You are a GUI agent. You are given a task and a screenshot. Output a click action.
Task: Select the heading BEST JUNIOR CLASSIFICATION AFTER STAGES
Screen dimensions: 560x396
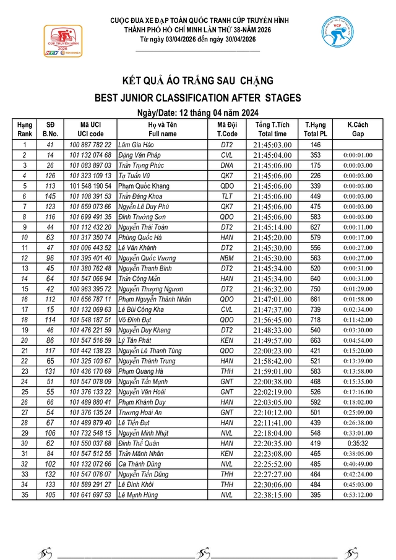click(x=198, y=97)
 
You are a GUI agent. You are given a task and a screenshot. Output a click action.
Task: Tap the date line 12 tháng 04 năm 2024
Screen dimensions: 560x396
click(x=198, y=112)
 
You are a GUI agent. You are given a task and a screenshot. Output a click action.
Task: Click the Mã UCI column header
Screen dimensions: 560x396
click(x=91, y=129)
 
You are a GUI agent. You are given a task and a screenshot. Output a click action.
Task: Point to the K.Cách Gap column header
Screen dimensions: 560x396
click(x=358, y=129)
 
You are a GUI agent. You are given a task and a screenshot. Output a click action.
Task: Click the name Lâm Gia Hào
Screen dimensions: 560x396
click(x=135, y=145)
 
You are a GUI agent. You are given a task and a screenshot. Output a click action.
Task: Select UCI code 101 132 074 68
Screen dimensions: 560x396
click(x=91, y=155)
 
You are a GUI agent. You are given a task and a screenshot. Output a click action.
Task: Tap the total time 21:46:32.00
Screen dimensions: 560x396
click(x=272, y=288)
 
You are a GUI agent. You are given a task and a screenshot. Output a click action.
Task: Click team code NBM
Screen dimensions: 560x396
click(x=227, y=257)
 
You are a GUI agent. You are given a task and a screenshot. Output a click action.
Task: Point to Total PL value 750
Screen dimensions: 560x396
click(x=316, y=288)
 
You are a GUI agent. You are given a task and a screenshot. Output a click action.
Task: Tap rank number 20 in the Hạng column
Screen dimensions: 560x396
click(x=24, y=340)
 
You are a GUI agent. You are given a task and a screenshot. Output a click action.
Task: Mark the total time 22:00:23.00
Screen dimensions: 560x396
click(x=272, y=350)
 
